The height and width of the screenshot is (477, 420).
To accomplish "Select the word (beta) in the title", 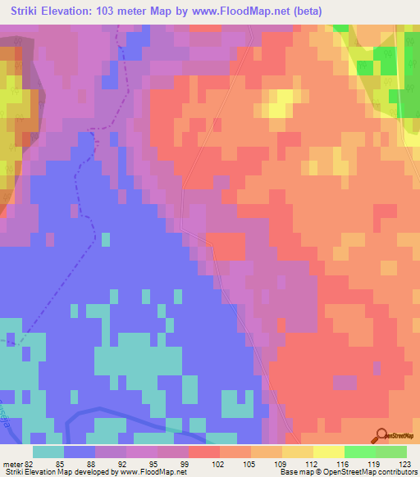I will pyautogui.click(x=300, y=11).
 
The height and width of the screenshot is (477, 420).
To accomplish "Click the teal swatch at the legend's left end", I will pyautogui.click(x=48, y=452).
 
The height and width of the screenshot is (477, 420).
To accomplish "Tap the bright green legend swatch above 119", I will pyautogui.click(x=360, y=452).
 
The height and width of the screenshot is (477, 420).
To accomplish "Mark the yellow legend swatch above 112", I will pyautogui.click(x=298, y=452).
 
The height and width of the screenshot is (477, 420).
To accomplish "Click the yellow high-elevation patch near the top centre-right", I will pyautogui.click(x=279, y=105).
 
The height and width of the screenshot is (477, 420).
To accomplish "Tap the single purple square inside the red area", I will pyautogui.click(x=345, y=382).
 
